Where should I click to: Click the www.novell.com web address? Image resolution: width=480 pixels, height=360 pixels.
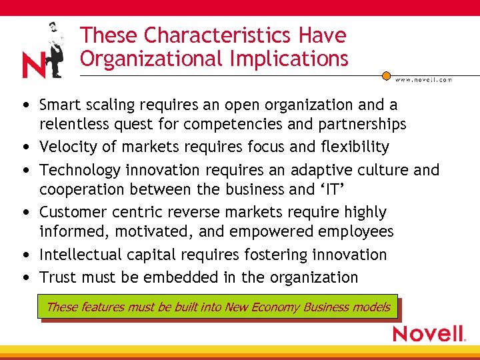[423, 79]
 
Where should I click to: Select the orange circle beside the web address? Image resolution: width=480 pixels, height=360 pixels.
[386, 77]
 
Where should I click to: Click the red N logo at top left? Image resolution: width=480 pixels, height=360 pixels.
[33, 65]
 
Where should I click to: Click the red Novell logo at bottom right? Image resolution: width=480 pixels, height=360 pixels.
[429, 333]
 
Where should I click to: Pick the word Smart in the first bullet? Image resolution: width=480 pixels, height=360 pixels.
[59, 105]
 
